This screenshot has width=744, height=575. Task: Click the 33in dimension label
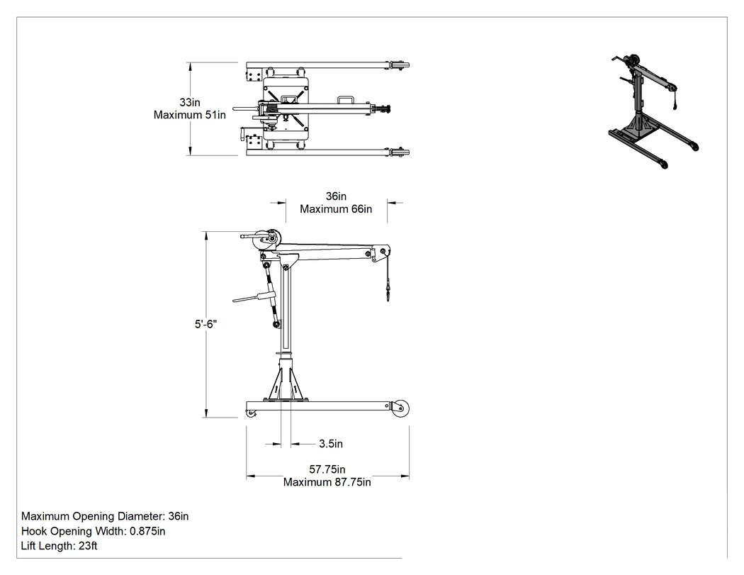190,102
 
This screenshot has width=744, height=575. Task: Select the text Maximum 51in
190,115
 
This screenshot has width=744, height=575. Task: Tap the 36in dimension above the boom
336,196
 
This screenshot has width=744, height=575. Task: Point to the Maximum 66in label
336,209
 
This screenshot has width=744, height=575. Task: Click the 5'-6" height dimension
206,324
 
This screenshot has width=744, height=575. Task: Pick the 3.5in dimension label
331,443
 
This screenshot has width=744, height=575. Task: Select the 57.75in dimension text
327,469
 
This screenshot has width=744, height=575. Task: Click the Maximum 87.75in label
327,482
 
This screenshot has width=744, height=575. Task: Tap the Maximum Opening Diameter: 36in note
105,516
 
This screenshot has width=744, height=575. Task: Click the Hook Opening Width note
93,531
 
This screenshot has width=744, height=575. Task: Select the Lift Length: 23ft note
60,545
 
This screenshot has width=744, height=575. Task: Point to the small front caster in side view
252,414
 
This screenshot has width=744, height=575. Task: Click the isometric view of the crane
654,111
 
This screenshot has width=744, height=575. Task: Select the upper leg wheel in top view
398,65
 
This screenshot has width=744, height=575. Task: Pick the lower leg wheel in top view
398,153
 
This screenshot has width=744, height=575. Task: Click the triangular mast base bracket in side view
286,380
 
